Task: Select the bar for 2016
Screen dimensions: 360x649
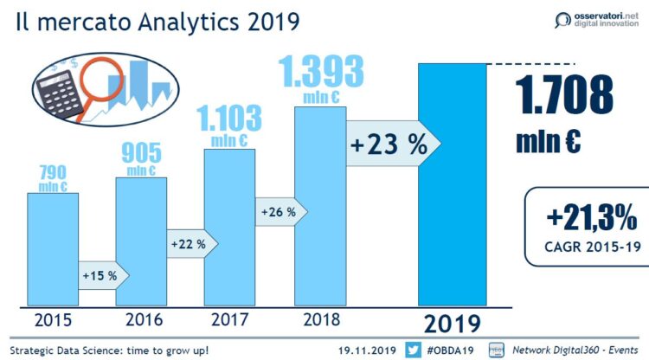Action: tap(141, 241)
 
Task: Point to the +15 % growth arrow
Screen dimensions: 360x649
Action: tap(103, 275)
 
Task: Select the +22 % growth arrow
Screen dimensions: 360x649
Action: tap(191, 244)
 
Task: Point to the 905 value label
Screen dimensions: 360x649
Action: tap(141, 153)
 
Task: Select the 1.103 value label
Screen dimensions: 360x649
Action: tap(229, 116)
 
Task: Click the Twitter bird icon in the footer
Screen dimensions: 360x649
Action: tap(413, 350)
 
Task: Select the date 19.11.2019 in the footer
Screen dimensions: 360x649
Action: tap(367, 350)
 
